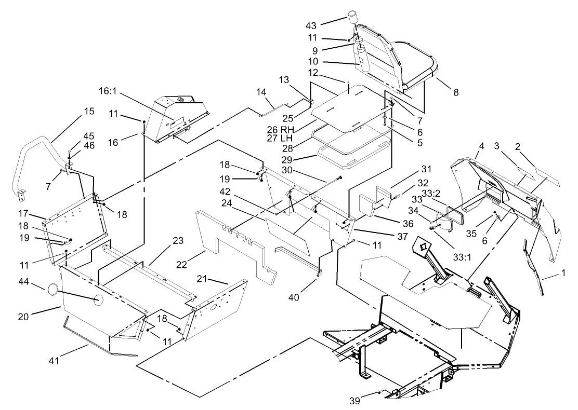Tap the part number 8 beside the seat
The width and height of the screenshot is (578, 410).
456,92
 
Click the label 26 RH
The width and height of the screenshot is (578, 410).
292,129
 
